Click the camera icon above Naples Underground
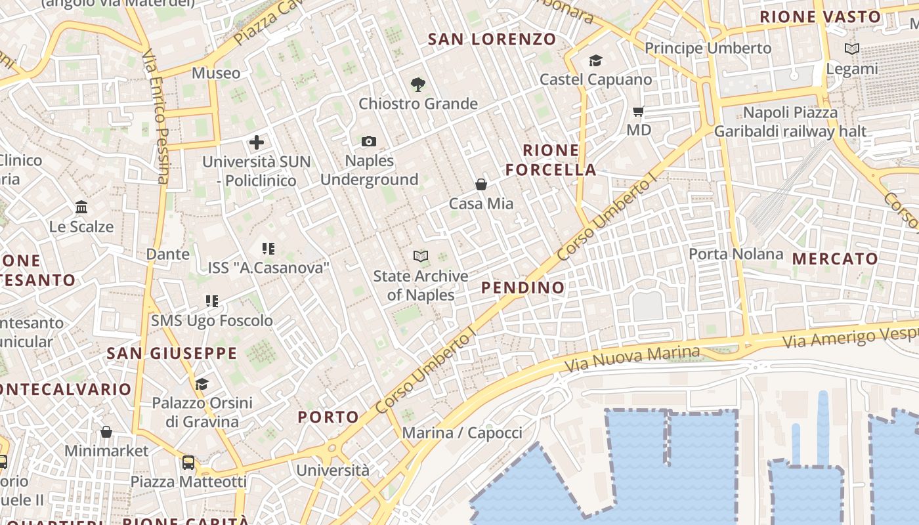pos(369,141)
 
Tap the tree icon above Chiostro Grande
pos(417,84)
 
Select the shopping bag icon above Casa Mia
pos(481,184)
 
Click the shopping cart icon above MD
pos(638,111)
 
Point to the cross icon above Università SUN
pos(257,142)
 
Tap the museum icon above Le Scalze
pos(81,207)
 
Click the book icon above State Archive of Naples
pos(421,256)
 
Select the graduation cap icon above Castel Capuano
pos(595,60)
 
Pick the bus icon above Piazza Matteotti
pos(188,463)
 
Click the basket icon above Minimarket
pos(106,432)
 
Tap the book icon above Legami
pos(851,49)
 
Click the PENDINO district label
pos(523,287)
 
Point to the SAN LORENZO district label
pos(492,39)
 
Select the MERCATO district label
pos(835,259)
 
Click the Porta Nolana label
pos(736,254)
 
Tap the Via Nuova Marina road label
pos(633,358)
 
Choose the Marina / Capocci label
pos(462,433)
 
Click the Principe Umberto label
pos(708,48)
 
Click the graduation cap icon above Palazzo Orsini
pos(202,383)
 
